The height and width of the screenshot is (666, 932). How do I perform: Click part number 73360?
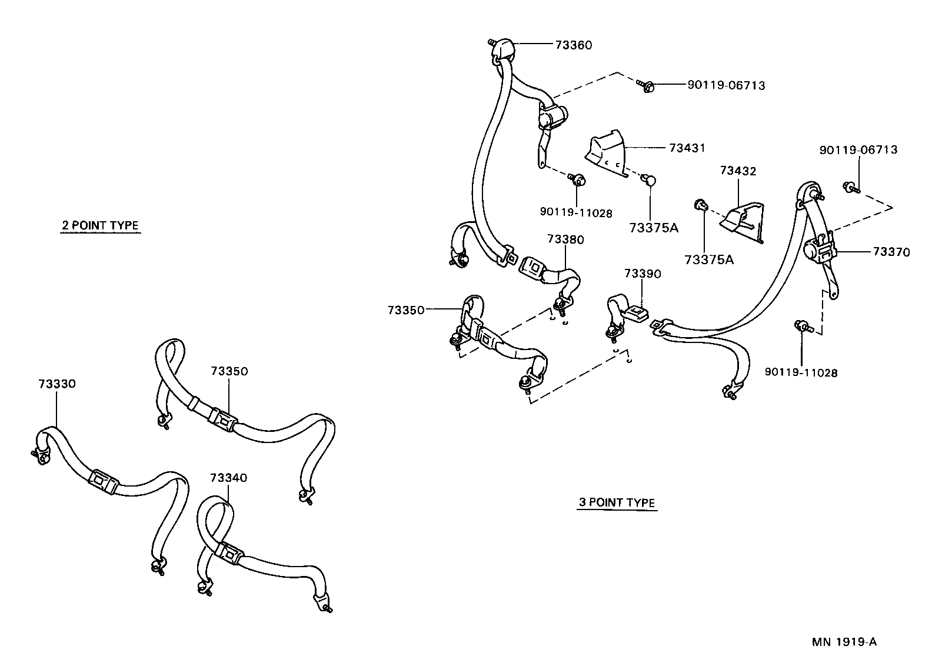[573, 45]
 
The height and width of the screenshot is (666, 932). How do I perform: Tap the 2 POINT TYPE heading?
[100, 225]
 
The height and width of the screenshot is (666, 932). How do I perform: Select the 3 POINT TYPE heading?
[617, 502]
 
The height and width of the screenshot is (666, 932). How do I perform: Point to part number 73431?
[687, 148]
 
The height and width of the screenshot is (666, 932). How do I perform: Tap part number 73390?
[643, 274]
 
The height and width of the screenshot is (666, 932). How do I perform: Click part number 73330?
[56, 384]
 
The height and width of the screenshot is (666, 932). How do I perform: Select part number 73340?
[228, 478]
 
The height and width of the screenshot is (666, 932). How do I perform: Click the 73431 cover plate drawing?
[606, 154]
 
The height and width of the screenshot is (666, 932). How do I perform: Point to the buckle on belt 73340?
[229, 554]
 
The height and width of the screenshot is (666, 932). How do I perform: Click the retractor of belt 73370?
[818, 249]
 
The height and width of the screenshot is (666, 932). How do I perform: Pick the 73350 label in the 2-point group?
[229, 371]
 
